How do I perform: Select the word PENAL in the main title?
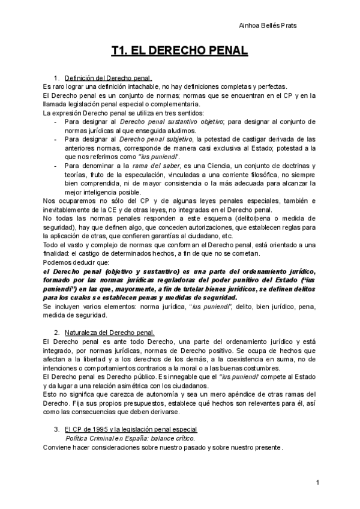226,52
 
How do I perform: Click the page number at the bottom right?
317,483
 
